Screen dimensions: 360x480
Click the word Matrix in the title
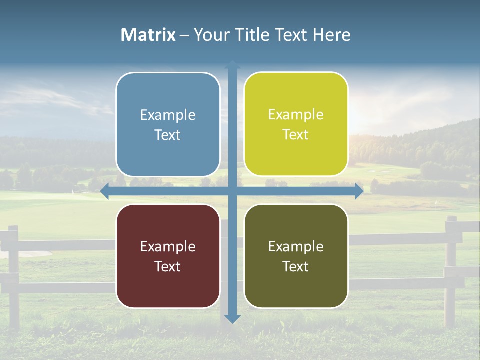pos(148,35)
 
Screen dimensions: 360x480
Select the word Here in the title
pos(332,35)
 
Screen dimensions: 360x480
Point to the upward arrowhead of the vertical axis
pos(232,65)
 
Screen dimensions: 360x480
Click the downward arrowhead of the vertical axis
pos(232,318)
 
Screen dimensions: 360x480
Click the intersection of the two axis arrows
pos(232,191)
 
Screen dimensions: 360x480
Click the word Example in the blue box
pos(168,115)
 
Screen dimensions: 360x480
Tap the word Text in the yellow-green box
pos(296,134)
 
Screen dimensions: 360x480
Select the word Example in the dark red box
pos(168,247)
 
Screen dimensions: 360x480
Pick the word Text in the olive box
pos(296,266)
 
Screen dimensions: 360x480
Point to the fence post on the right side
pos(451,270)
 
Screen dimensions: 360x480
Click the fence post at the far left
pos(13,275)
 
